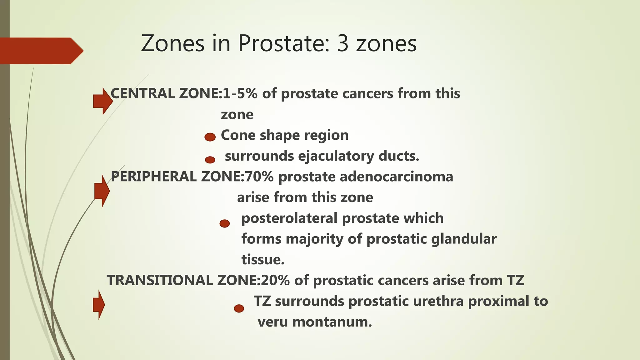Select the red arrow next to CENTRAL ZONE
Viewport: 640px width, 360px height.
click(x=102, y=101)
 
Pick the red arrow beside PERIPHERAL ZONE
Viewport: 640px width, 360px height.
click(x=102, y=191)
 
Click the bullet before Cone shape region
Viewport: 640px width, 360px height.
click(x=210, y=137)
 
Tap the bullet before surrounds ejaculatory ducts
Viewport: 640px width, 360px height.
click(x=210, y=160)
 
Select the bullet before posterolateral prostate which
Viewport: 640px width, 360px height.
click(x=224, y=223)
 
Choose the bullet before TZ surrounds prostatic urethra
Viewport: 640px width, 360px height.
click(x=239, y=308)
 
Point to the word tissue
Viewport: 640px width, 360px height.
click(x=263, y=260)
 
